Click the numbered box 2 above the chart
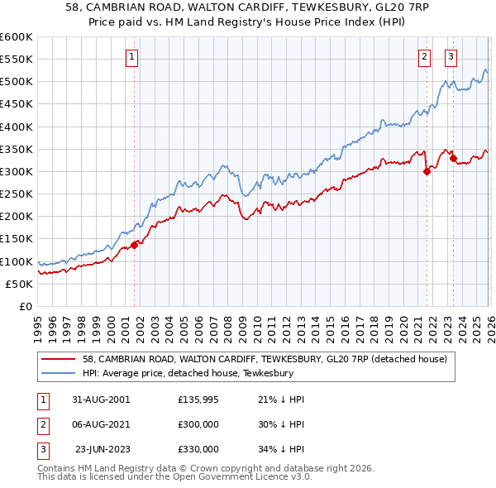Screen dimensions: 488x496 coord(424,57)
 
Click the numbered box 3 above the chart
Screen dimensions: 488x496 coord(451,57)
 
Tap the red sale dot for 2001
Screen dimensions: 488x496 coord(134,244)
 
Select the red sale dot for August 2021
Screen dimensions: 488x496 coord(427,171)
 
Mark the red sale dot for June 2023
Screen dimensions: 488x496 coord(453,158)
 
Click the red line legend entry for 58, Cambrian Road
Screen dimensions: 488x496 coord(265,359)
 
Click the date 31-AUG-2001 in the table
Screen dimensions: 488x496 coord(101,399)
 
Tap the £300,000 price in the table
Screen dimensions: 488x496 coord(198,424)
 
